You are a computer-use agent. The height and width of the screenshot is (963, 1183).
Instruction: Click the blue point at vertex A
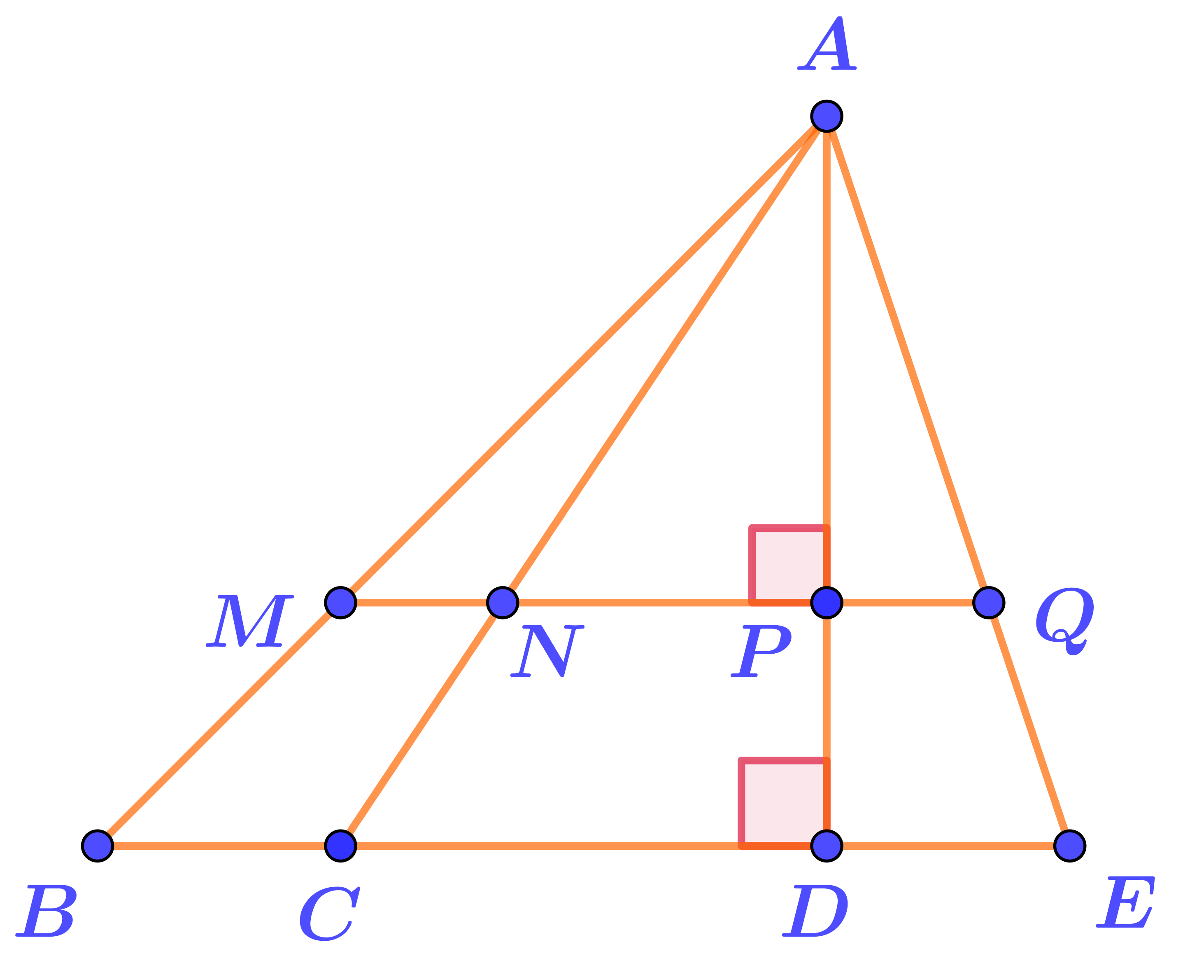point(827,117)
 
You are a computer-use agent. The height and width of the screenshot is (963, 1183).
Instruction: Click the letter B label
point(47,912)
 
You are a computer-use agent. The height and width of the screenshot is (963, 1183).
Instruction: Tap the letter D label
point(815,912)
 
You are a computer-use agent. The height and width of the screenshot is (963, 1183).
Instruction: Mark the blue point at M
point(340,603)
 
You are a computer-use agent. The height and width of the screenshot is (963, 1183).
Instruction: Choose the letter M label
point(249,621)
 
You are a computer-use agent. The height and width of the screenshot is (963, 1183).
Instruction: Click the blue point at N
point(502,603)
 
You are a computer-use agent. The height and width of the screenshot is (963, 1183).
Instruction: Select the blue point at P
point(827,603)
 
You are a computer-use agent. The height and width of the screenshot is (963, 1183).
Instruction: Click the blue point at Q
point(988,603)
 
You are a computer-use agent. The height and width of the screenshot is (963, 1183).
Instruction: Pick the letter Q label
point(1064,619)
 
